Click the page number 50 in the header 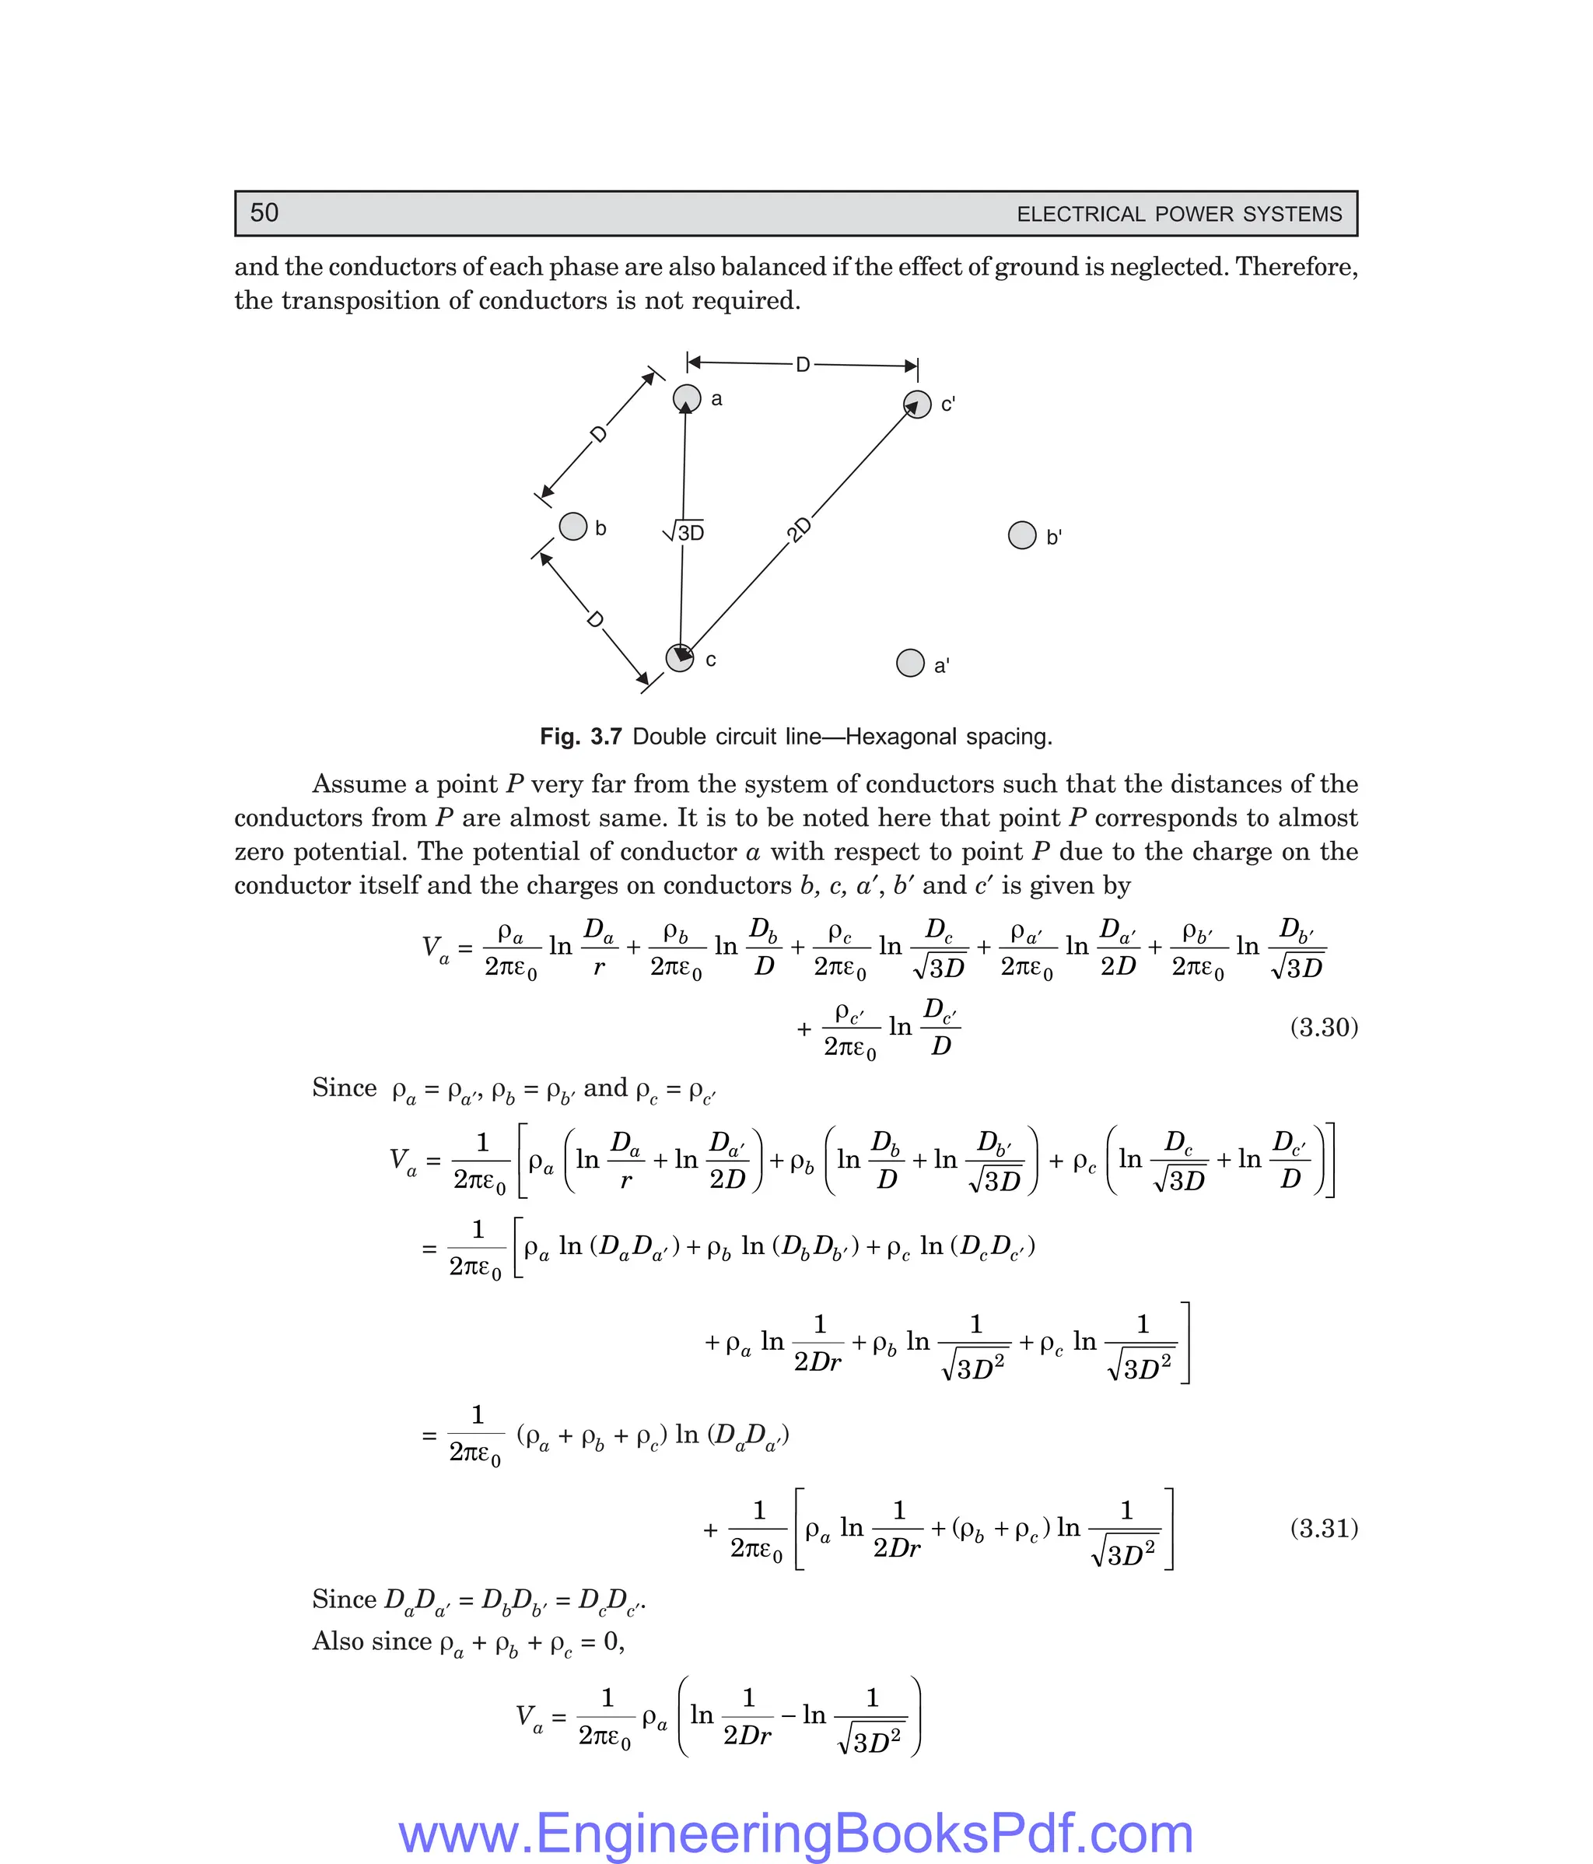pos(264,213)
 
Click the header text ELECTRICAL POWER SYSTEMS pos(1178,214)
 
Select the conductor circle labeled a pos(687,398)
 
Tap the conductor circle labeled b pos(573,526)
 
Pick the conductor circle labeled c pos(679,657)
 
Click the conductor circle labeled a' pos(910,663)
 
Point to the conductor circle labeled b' pos(1022,535)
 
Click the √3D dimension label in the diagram pos(684,533)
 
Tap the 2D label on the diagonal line pos(799,529)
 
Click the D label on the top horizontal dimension pos(804,364)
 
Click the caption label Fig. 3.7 pos(580,737)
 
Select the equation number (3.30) pos(1323,1028)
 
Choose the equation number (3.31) pos(1323,1529)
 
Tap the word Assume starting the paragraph pos(359,784)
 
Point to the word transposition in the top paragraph pos(362,300)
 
